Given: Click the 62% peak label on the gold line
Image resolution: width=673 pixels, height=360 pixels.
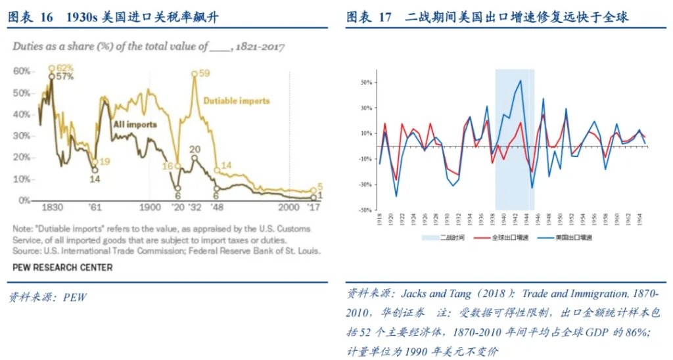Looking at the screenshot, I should pyautogui.click(x=64, y=68).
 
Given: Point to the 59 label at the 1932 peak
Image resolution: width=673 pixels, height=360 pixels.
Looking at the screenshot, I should pyautogui.click(x=205, y=74).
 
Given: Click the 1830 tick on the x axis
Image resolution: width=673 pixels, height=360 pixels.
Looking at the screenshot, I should pyautogui.click(x=52, y=207).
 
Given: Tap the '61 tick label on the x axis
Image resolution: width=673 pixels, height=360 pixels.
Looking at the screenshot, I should pyautogui.click(x=96, y=207).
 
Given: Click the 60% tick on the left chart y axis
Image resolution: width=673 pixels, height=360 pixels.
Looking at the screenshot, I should pyautogui.click(x=22, y=71).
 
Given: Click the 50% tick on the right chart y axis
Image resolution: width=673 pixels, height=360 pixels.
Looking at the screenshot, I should pyautogui.click(x=365, y=83).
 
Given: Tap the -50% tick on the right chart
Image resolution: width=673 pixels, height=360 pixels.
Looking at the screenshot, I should pyautogui.click(x=365, y=210).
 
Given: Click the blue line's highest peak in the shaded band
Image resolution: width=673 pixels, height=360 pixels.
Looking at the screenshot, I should pyautogui.click(x=521, y=81).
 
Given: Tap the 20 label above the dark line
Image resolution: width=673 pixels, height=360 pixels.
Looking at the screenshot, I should pyautogui.click(x=195, y=150).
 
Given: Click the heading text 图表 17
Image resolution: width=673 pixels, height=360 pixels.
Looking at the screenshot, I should pyautogui.click(x=369, y=18).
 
